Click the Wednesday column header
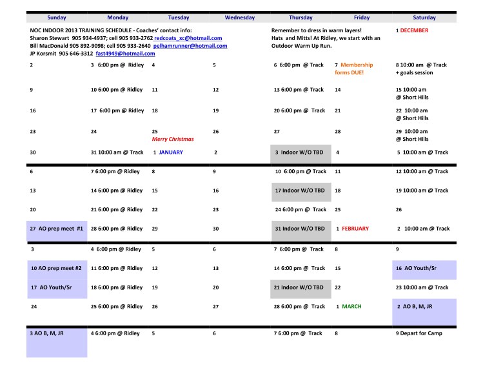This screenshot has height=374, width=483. pos(240,18)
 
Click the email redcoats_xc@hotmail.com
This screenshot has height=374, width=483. pos(188,38)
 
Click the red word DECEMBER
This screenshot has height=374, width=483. pos(414,30)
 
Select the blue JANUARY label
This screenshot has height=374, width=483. pos(171,152)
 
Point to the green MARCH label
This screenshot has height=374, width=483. pos(352,306)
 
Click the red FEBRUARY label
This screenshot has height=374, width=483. pos(355,229)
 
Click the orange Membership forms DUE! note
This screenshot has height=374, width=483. pos(353,69)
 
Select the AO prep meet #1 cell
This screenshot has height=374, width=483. pos(57,229)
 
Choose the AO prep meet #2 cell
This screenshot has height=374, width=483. pos(57,268)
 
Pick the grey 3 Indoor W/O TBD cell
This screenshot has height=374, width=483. pos(300,152)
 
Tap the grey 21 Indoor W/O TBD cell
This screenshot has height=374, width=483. pos(300,287)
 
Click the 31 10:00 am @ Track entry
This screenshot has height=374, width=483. pos(115,152)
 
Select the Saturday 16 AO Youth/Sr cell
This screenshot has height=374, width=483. pos(424,268)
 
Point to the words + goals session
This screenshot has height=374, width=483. pos(415,73)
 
